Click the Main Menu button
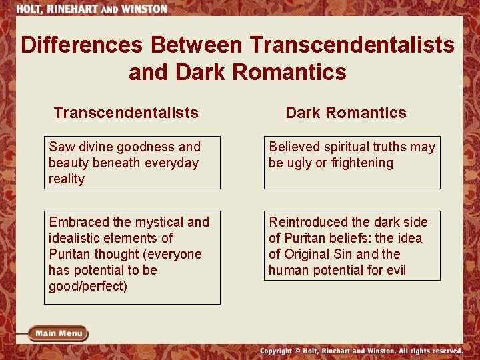click(59, 333)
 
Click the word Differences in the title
click(82, 45)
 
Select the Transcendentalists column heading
click(126, 113)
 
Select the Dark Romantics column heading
click(345, 113)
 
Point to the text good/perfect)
click(87, 286)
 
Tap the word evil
click(393, 270)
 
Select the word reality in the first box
click(67, 179)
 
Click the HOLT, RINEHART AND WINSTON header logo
click(92, 9)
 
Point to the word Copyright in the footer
click(275, 351)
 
